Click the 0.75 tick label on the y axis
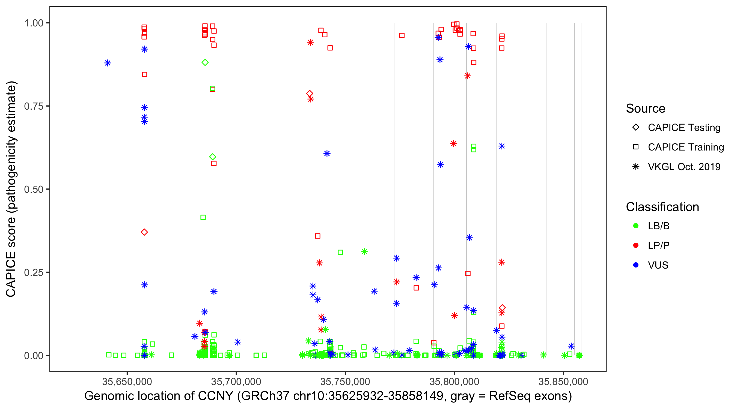tap(33, 106)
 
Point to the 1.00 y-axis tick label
tap(33, 23)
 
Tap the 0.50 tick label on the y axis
tap(33, 189)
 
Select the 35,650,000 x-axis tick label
tap(127, 381)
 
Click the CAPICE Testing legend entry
tap(684, 128)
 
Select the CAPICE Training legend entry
tap(685, 147)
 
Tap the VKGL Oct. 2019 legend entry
tap(684, 167)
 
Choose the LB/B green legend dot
tap(636, 226)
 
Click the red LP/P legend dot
tap(636, 245)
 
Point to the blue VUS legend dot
tap(636, 265)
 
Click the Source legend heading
tap(646, 109)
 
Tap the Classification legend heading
tap(662, 207)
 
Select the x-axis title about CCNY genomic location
tap(328, 396)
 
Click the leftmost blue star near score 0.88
tap(108, 63)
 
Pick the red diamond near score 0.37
tap(144, 232)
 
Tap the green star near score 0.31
tap(364, 252)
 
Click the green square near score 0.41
tap(203, 218)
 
